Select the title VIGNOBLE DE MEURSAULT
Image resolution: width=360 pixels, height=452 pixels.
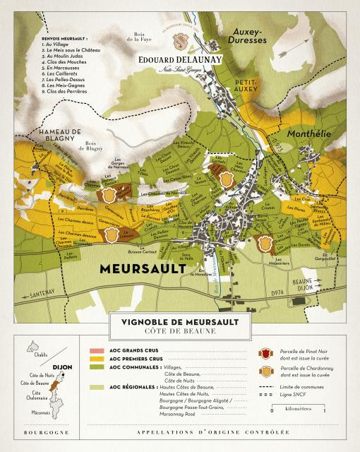180,322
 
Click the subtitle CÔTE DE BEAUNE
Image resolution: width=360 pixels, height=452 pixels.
180,332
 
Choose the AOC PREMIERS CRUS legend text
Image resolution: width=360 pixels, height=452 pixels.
137,359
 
